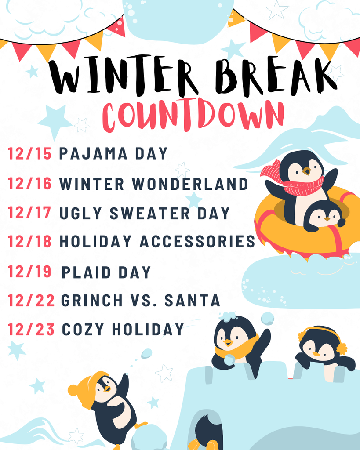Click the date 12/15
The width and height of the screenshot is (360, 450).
pyautogui.click(x=30, y=154)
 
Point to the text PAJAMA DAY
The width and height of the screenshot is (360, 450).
pyautogui.click(x=113, y=154)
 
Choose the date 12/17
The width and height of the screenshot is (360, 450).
pyautogui.click(x=30, y=213)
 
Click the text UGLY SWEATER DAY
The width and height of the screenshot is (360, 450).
pyautogui.click(x=145, y=213)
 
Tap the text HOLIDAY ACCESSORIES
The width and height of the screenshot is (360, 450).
pyautogui.click(x=157, y=241)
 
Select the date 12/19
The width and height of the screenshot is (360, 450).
pyautogui.click(x=30, y=272)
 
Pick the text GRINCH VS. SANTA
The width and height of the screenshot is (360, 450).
pyautogui.click(x=140, y=301)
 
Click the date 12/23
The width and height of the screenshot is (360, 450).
pyautogui.click(x=31, y=329)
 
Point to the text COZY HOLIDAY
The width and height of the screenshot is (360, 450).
pyautogui.click(x=123, y=329)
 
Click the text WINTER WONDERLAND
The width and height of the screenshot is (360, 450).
pyautogui.click(x=153, y=184)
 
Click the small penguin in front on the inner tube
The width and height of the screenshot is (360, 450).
pyautogui.click(x=324, y=215)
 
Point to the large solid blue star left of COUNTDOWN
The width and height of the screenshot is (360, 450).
pyautogui.click(x=55, y=121)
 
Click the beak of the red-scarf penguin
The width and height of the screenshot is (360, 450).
pyautogui.click(x=306, y=171)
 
